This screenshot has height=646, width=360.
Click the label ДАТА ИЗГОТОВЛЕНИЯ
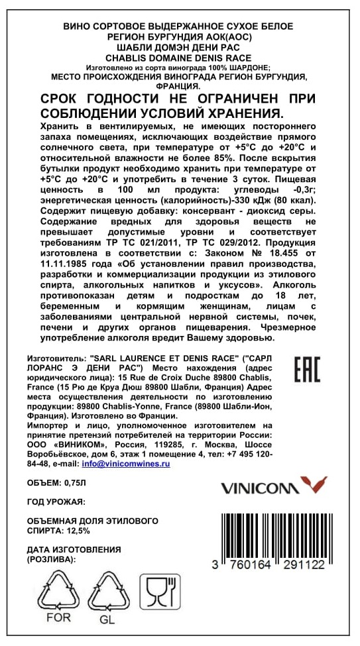coord(74,549)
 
